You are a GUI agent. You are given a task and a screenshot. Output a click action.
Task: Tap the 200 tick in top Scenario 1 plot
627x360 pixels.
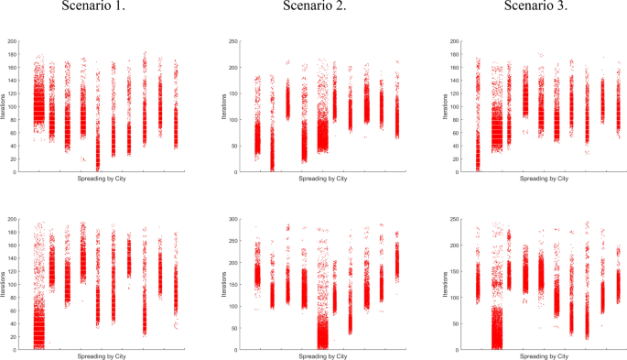[x=13, y=42]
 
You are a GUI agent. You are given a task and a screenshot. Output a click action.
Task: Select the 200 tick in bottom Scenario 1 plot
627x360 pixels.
[x=13, y=221]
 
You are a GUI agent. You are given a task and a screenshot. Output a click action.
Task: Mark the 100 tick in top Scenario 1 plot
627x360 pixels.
[x=13, y=107]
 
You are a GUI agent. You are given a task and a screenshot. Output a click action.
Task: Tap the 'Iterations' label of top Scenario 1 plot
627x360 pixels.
[x=3, y=107]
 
